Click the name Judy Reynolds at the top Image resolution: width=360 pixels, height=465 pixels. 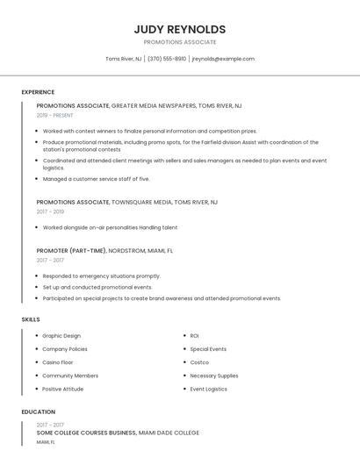[180, 29]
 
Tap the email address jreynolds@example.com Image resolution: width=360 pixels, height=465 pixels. [223, 59]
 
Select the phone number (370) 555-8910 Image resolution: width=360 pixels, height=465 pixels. [167, 59]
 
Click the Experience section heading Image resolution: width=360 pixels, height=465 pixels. [38, 92]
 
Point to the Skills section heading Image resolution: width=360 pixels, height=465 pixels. [31, 319]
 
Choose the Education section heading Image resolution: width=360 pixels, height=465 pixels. [39, 411]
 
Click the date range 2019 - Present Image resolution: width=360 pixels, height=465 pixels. [55, 115]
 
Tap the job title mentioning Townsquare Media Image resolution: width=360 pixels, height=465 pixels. [127, 202]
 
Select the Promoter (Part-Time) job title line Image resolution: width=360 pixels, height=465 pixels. [104, 250]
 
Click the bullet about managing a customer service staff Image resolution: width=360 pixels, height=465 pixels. [97, 179]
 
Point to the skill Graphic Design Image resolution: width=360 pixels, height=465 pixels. [61, 335]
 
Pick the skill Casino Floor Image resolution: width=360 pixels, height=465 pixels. [58, 362]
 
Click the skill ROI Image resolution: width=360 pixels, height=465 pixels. [194, 335]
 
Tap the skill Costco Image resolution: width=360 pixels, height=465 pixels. [199, 362]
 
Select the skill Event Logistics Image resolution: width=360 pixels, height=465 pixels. [209, 389]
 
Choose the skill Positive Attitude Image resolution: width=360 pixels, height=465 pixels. [63, 389]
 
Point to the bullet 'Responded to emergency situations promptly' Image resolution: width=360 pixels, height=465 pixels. [102, 275]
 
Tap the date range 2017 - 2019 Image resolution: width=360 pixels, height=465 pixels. [50, 211]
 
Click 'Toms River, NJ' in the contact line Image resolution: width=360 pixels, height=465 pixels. [123, 59]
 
